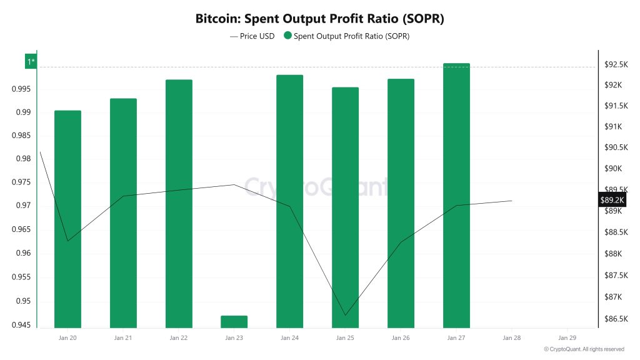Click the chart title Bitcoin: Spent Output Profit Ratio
point(319,18)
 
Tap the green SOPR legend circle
point(287,36)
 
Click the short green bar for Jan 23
point(234,321)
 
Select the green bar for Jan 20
point(67,219)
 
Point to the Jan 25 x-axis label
point(345,337)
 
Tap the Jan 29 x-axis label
point(567,337)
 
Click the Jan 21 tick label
point(123,337)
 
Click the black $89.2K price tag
point(612,199)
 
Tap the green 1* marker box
point(31,61)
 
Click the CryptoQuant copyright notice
point(584,349)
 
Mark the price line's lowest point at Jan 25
point(345,315)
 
